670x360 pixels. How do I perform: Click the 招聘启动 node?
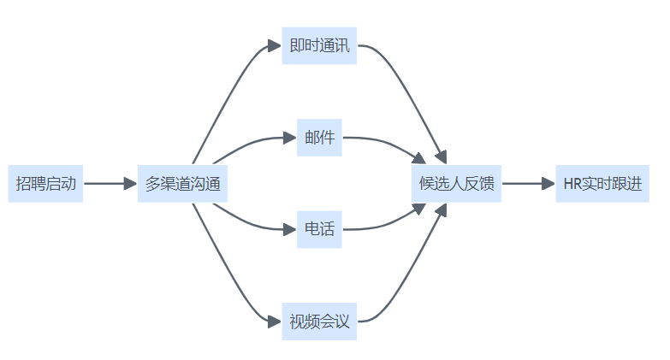[x=45, y=183]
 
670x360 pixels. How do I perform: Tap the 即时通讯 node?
[x=319, y=45]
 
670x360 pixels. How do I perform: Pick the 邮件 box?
[x=319, y=138]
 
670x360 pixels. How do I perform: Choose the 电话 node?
[x=319, y=229]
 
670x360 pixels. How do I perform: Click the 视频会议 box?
[x=319, y=322]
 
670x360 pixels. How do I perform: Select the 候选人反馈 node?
[x=456, y=183]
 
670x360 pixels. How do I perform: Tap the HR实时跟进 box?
[x=602, y=183]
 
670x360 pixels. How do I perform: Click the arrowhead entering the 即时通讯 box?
[x=275, y=45]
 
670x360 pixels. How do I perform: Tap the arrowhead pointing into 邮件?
[x=290, y=138]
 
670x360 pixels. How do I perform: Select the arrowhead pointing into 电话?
[x=290, y=229]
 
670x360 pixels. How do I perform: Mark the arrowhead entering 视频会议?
[x=275, y=322]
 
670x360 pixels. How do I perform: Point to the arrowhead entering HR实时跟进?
[x=548, y=183]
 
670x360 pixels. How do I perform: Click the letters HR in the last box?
[x=572, y=183]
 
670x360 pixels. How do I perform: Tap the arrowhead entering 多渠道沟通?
[x=130, y=183]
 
